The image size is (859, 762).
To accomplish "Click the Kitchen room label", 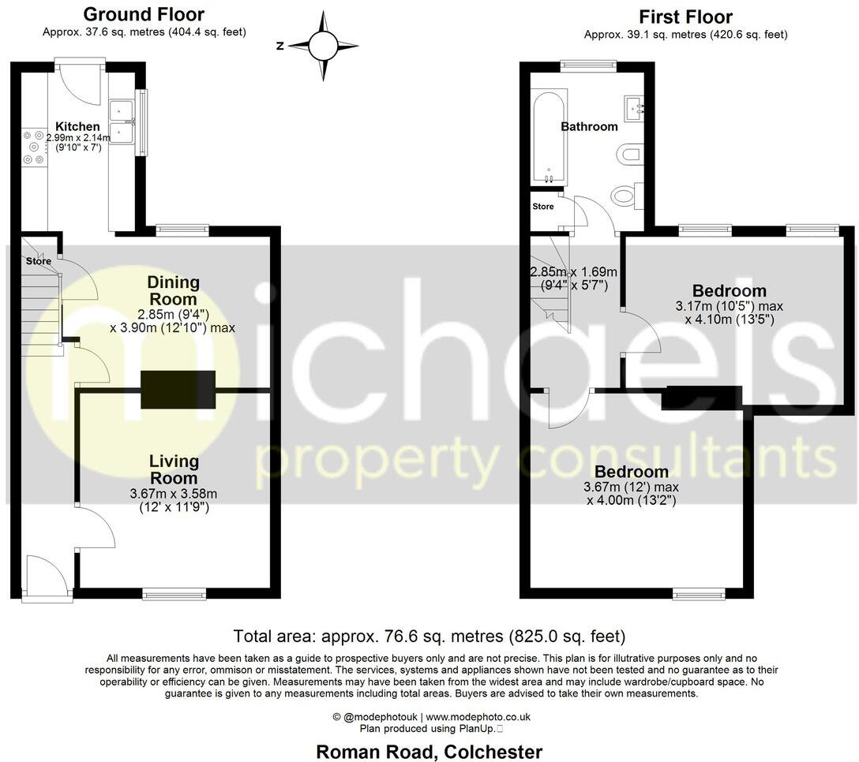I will pos(77,126).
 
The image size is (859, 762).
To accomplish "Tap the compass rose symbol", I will pos(322,45).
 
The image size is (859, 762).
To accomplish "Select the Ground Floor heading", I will pos(144,14).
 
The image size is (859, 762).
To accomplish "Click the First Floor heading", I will pos(685,17).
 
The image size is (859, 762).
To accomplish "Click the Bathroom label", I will pos(589,126).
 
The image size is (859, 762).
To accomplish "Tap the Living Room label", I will pos(174,469).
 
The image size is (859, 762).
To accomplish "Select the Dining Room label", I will pos(174,290).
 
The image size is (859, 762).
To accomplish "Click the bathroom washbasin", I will pos(635,107).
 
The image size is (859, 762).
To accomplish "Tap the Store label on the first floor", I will pos(543,207).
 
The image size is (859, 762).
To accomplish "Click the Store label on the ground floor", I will pos(38,261).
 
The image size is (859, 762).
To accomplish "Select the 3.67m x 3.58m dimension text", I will pos(174,494).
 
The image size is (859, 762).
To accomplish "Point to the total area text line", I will pos(429,636).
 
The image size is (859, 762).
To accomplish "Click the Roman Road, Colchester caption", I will pos(429,752).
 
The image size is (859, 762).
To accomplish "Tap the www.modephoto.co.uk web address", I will pos(478,717).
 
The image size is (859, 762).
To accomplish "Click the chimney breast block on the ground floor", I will pos(178,390).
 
